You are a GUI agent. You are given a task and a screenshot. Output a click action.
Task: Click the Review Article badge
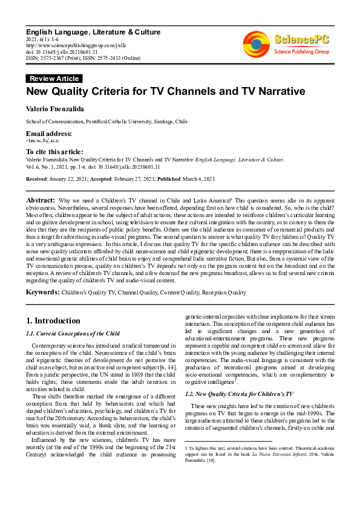(54, 79)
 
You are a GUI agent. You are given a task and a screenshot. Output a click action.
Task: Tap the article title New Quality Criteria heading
(165, 92)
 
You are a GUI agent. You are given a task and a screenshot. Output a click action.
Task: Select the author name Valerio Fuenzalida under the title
(53, 109)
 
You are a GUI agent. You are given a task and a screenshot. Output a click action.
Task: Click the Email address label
(48, 133)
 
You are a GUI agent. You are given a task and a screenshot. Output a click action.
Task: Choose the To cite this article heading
(54, 152)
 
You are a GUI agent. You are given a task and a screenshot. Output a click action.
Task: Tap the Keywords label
(42, 293)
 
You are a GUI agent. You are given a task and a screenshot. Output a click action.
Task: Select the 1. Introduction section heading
(54, 320)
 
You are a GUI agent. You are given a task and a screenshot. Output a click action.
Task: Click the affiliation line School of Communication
(106, 122)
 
